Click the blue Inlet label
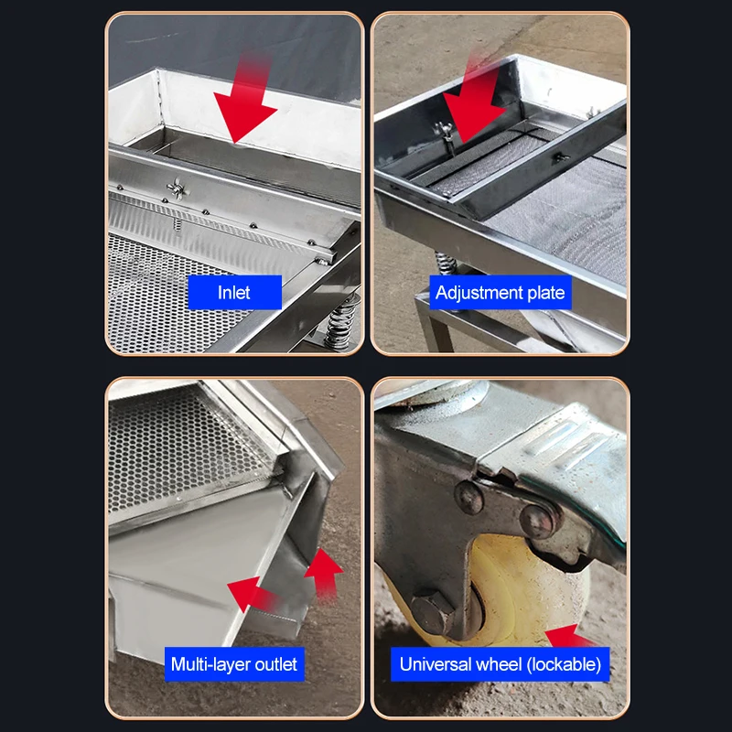tap(234, 293)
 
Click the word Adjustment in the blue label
tap(478, 293)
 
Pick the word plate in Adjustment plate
tap(546, 293)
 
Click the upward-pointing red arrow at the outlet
tap(322, 572)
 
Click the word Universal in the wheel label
tap(435, 663)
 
